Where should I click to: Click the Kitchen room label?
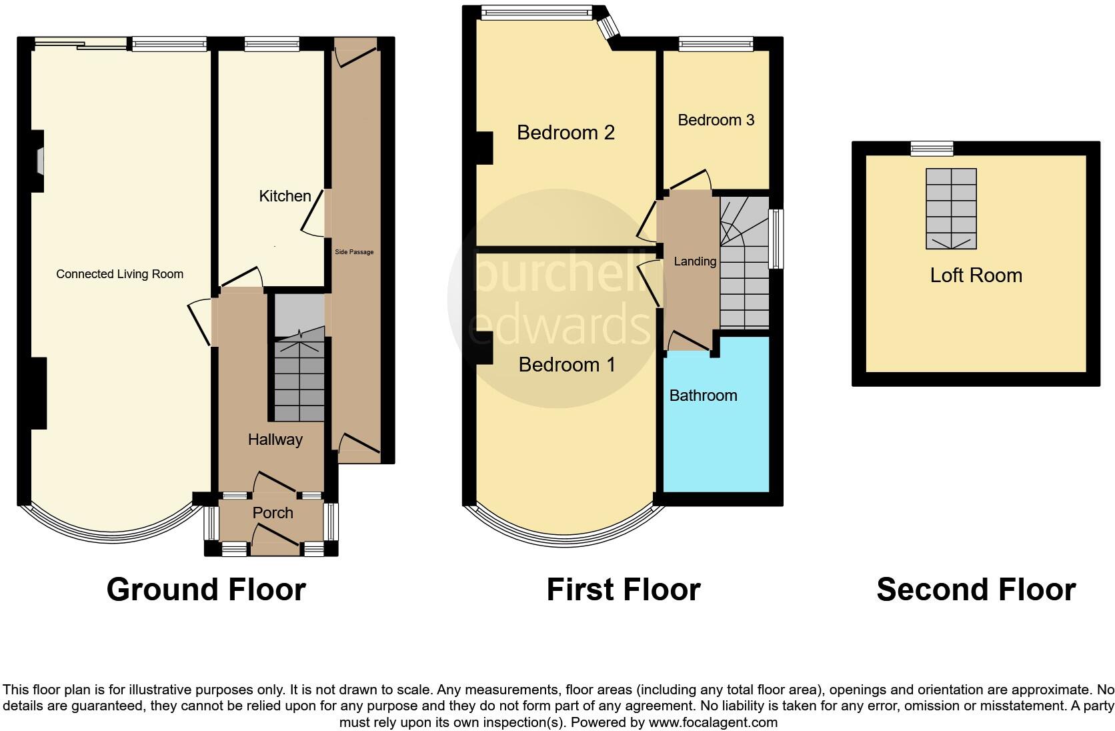click(x=285, y=196)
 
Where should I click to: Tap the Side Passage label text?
click(x=353, y=252)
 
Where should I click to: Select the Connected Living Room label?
click(x=119, y=274)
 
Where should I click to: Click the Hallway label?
click(x=275, y=440)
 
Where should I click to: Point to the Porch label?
click(x=273, y=513)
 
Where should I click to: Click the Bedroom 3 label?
click(x=716, y=120)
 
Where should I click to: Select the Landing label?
click(x=695, y=261)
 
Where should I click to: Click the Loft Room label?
click(x=976, y=275)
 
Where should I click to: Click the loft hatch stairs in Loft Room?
click(x=951, y=208)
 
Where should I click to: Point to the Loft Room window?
click(x=932, y=148)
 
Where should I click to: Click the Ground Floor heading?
click(x=206, y=590)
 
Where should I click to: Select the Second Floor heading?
click(x=976, y=590)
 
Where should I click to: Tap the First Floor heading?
click(x=623, y=590)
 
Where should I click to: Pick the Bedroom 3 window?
click(x=716, y=44)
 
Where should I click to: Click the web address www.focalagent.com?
click(x=713, y=722)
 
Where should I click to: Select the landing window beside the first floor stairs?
click(x=776, y=239)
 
